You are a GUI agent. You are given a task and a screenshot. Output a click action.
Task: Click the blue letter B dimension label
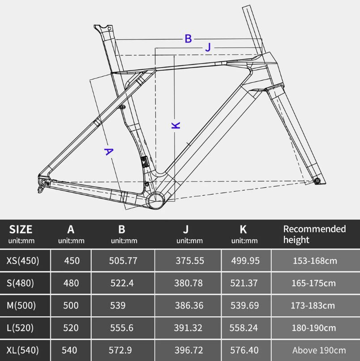click(189, 39)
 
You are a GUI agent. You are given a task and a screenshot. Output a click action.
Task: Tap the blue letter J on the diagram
click(208, 47)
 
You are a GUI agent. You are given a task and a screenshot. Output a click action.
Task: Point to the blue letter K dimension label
click(176, 125)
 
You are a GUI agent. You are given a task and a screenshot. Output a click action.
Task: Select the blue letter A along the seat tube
click(109, 151)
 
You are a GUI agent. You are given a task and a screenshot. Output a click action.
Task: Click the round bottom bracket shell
click(156, 201)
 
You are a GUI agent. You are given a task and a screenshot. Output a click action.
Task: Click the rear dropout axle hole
click(43, 182)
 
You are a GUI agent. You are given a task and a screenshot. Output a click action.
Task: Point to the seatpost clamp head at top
click(103, 29)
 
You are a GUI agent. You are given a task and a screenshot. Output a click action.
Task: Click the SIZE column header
click(21, 229)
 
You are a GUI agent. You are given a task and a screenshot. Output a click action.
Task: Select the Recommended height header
click(314, 234)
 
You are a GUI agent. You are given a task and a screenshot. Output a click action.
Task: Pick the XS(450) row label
click(23, 261)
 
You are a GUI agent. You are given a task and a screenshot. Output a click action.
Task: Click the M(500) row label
click(21, 305)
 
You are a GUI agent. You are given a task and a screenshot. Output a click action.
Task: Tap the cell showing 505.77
click(123, 261)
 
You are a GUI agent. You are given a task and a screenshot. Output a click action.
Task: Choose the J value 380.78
click(189, 283)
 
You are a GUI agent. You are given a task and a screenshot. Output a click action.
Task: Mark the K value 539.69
click(244, 305)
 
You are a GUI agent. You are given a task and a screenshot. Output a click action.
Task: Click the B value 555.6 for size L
click(121, 328)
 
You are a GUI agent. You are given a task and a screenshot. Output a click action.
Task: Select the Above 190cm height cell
click(319, 350)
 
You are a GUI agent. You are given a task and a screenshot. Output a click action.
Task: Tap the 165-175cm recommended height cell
click(313, 283)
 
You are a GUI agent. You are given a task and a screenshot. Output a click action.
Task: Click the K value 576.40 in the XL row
click(244, 350)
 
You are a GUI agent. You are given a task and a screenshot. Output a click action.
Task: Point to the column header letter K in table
click(243, 229)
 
